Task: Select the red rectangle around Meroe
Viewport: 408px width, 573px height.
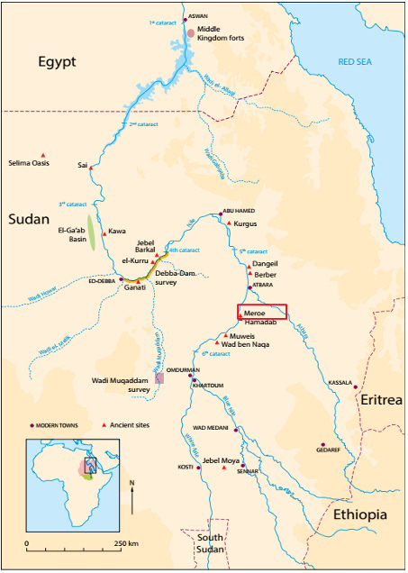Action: coord(262,312)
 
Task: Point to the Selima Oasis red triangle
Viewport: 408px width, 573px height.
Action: coord(42,153)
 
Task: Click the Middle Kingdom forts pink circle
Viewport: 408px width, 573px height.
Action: coord(190,33)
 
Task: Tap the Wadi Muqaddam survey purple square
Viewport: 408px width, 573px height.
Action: coord(159,378)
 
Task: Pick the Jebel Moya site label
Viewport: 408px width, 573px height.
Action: coord(222,461)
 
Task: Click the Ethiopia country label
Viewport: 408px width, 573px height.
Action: coord(359,514)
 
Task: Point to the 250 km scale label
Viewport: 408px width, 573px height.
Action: coord(125,544)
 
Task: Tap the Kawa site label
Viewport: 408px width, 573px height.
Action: coord(117,231)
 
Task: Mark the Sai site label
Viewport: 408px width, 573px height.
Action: coord(83,165)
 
